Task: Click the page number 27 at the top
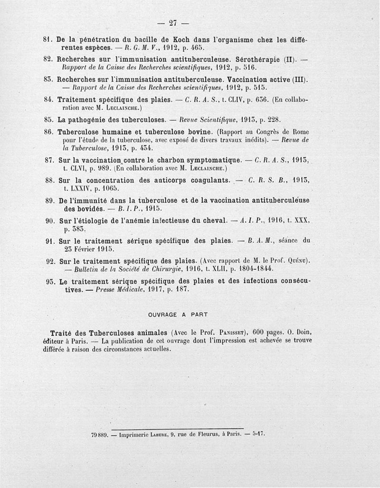[173, 22]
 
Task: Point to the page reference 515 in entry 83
[260, 88]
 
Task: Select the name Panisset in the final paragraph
[230, 332]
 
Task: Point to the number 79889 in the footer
[100, 433]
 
